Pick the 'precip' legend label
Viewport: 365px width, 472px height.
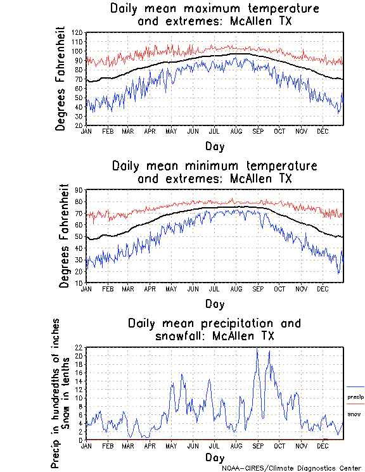(355, 397)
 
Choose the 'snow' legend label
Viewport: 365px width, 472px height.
(354, 414)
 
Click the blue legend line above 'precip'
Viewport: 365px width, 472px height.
(355, 386)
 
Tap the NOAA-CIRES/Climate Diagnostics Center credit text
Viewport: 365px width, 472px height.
(291, 468)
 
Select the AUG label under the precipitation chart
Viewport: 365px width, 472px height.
(236, 446)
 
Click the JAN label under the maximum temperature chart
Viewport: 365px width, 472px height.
(86, 131)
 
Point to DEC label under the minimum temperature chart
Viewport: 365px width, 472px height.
(323, 288)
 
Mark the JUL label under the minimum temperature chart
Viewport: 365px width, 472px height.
(214, 288)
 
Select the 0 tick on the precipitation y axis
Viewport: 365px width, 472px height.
(81, 440)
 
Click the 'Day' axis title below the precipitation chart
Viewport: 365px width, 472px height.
(215, 457)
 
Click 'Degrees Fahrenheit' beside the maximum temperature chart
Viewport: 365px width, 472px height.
(61, 79)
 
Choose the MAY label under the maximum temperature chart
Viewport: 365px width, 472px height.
(171, 131)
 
